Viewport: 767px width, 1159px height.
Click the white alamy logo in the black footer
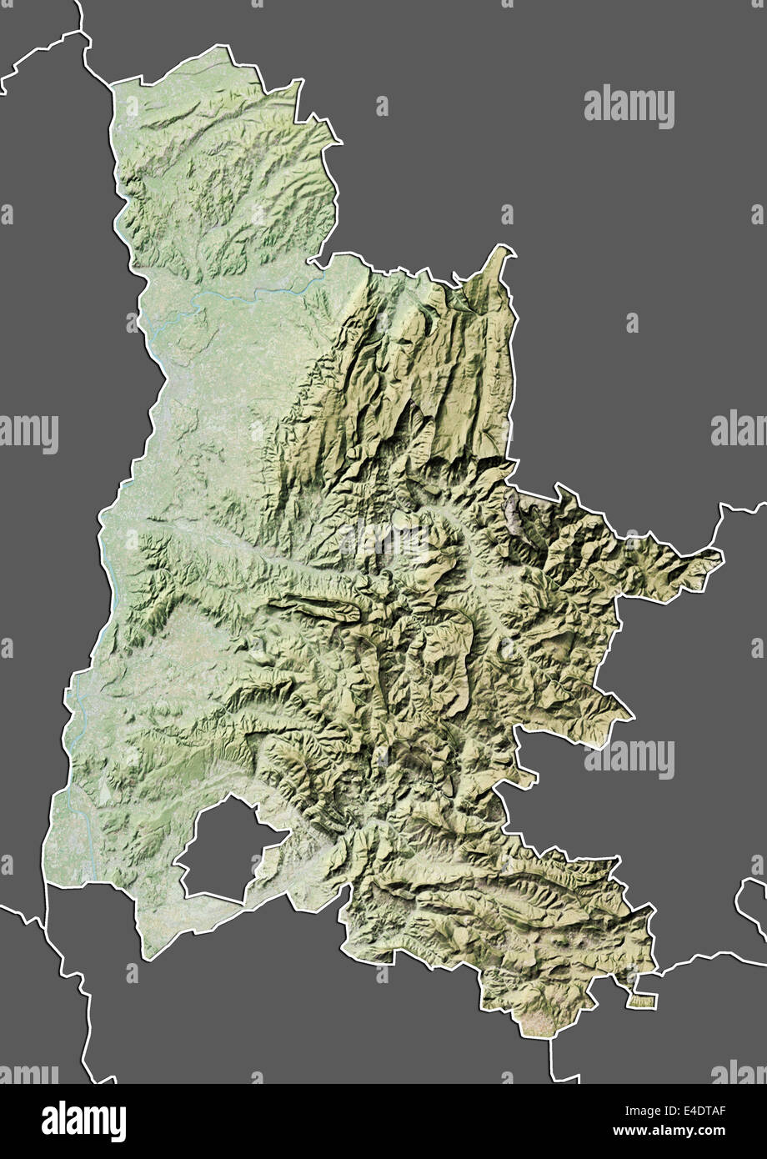coord(83,1121)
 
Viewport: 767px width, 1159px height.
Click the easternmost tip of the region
coord(721,554)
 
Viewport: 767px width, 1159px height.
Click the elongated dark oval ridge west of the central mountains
coord(321,607)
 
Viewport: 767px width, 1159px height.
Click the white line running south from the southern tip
coord(552,1059)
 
